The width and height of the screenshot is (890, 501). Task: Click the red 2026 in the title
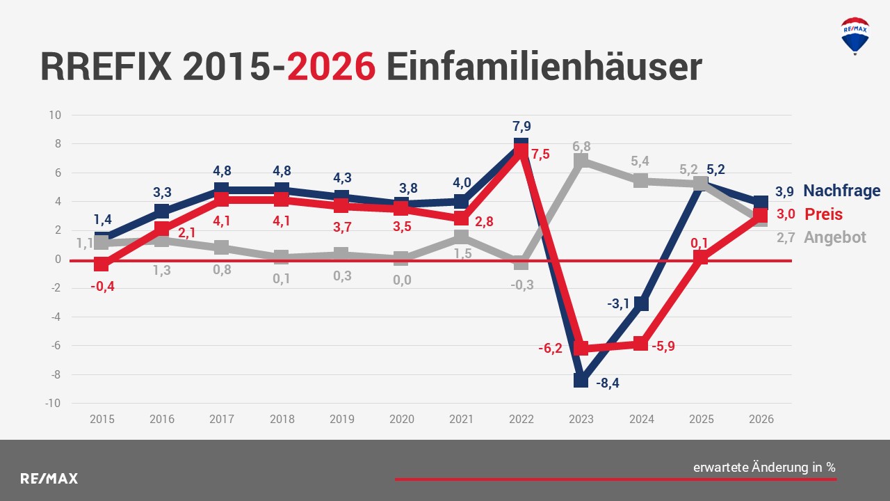(x=332, y=67)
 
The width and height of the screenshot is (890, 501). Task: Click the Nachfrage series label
(x=841, y=191)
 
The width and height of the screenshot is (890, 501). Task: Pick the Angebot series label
(x=835, y=237)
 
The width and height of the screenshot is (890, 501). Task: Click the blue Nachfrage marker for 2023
(x=581, y=380)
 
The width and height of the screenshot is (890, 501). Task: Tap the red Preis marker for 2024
(x=641, y=344)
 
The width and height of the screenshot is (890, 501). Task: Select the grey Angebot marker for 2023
(x=581, y=161)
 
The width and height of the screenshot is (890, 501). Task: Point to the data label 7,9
(x=521, y=127)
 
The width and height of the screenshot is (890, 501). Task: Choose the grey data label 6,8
(x=581, y=146)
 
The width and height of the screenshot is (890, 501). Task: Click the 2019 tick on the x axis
(x=341, y=419)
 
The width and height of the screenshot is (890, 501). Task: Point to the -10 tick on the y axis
(x=54, y=404)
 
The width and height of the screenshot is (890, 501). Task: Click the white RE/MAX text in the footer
(x=49, y=479)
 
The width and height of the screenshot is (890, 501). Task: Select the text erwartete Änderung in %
(x=764, y=468)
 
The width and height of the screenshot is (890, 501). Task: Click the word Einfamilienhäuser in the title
(x=543, y=67)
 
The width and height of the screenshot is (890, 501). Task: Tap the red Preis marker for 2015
(x=102, y=264)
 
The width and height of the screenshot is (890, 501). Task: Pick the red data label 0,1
(x=699, y=243)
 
